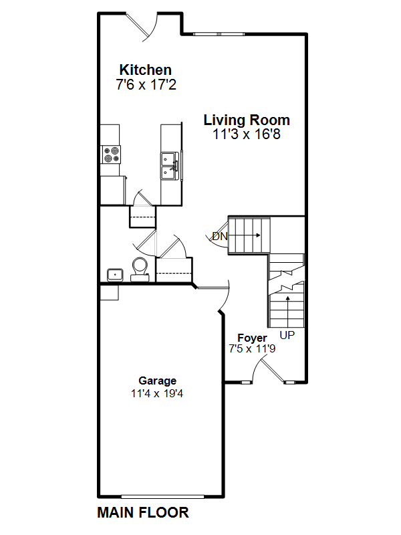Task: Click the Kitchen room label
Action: [145, 70]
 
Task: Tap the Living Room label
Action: [247, 120]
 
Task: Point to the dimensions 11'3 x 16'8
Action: [247, 134]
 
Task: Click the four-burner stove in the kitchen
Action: [112, 155]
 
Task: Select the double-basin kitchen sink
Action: [168, 165]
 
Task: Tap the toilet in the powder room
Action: [140, 267]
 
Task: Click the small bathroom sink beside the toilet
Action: [114, 274]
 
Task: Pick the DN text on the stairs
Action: [219, 236]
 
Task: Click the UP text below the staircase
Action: [287, 334]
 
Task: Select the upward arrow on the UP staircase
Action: [288, 304]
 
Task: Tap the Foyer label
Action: [252, 338]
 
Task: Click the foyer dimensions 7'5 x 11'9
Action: [252, 349]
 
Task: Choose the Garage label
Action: [157, 381]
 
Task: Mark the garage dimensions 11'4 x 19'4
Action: [157, 393]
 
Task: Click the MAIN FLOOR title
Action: [143, 513]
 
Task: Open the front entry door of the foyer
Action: [271, 369]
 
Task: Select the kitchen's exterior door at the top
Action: [143, 23]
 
